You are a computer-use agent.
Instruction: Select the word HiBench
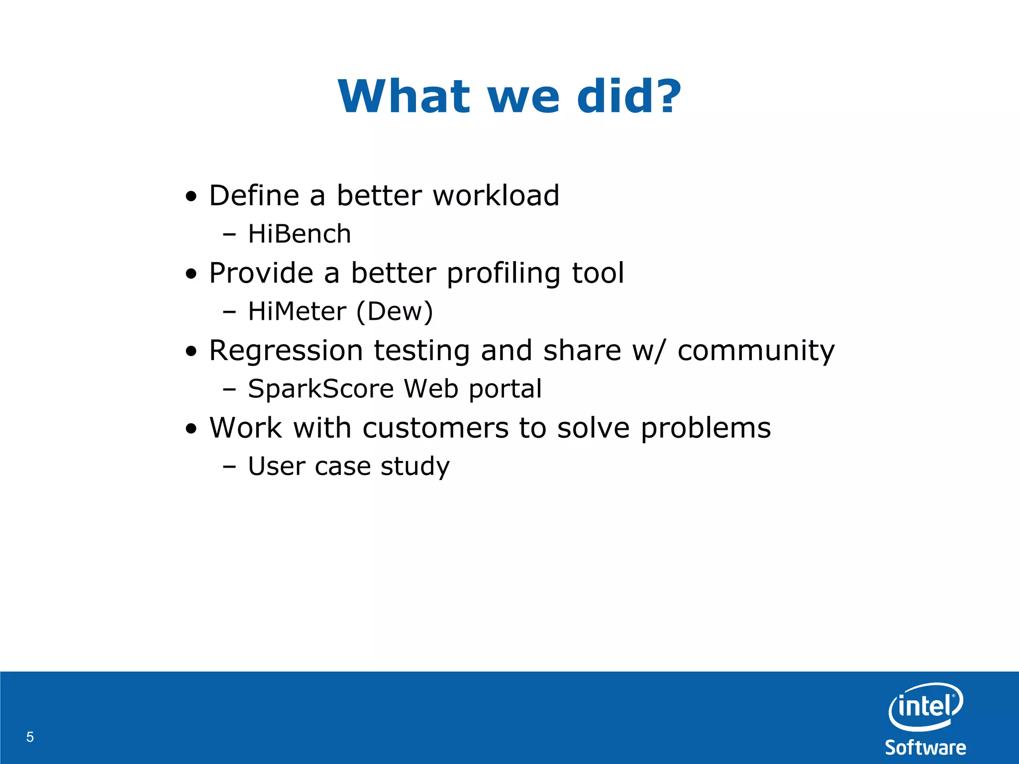[300, 234]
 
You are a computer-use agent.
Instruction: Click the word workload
[496, 195]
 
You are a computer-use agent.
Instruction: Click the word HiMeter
[297, 311]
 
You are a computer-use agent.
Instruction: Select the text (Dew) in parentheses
[395, 312]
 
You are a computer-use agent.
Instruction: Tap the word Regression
[286, 351]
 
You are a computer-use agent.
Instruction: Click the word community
[756, 351]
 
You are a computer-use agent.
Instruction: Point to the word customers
[435, 428]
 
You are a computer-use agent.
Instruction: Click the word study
[415, 467]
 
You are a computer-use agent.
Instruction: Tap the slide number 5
[30, 737]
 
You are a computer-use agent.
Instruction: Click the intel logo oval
[925, 706]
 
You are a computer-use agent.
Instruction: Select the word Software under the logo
[925, 748]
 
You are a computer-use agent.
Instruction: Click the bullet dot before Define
[191, 196]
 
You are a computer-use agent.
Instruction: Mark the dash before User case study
[229, 467]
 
